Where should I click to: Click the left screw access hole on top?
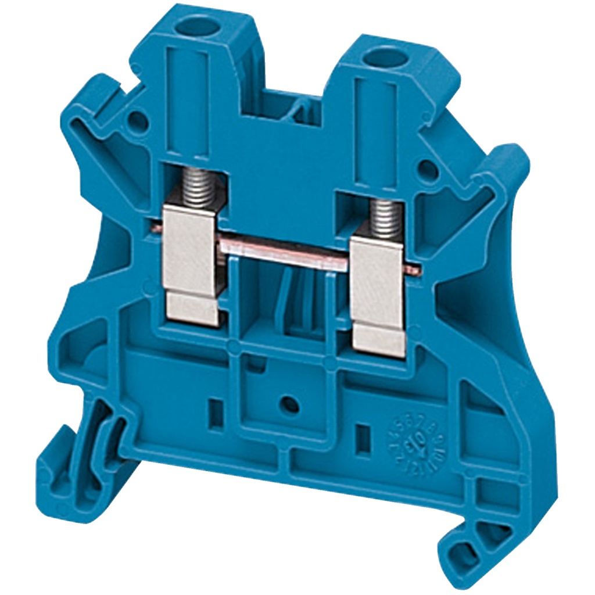click(193, 27)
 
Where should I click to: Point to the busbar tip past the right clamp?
click(413, 268)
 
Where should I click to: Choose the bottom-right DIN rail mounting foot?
click(465, 546)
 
